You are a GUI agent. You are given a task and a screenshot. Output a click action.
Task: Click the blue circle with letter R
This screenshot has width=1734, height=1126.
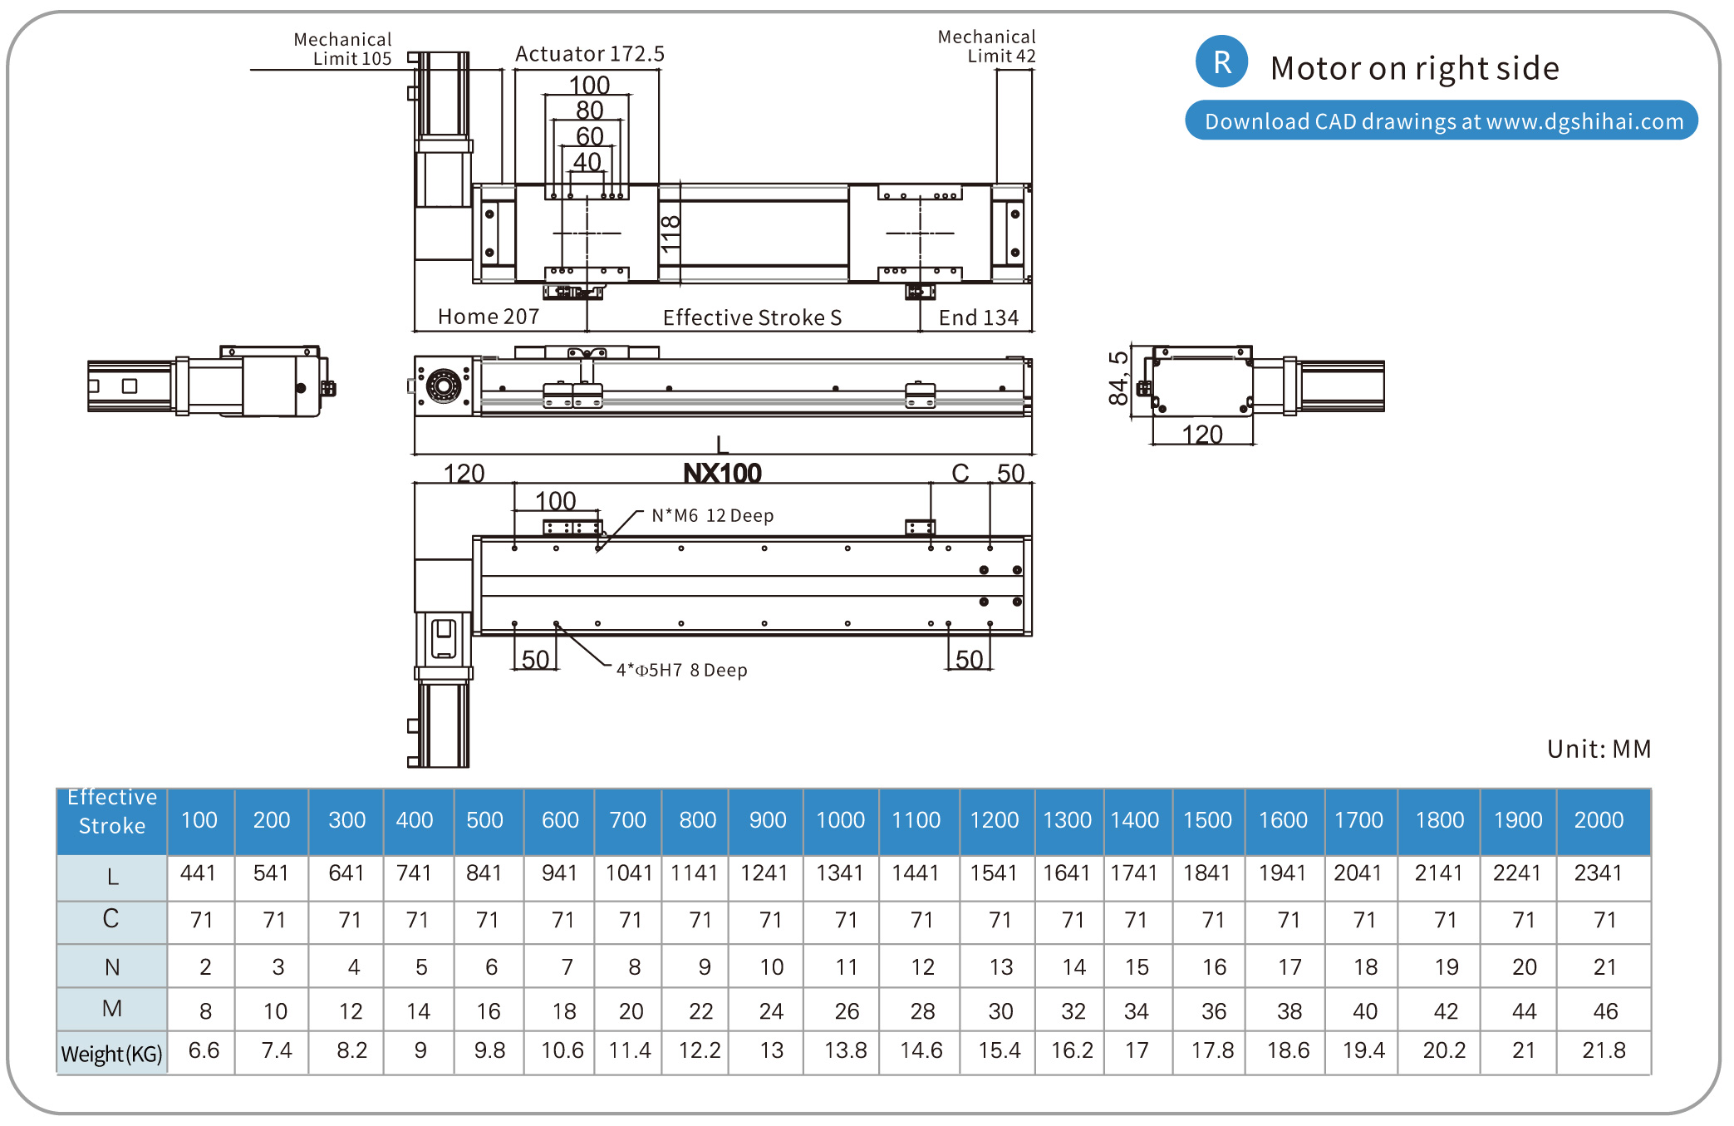pos(1221,62)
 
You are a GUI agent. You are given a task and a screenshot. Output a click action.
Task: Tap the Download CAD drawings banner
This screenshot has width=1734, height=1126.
pos(1442,121)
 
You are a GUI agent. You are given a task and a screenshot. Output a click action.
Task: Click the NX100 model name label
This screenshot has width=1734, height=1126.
pos(722,474)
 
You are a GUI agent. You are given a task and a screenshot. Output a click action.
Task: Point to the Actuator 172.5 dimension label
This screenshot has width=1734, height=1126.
pos(590,54)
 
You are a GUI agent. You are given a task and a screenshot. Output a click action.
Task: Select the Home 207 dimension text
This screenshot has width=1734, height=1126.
pos(489,317)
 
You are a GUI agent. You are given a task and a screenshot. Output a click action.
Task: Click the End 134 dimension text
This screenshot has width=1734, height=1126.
pos(978,317)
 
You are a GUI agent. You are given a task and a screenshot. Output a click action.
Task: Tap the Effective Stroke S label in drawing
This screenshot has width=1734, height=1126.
pos(752,317)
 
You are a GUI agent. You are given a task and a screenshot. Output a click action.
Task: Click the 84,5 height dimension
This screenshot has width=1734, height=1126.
pos(1119,378)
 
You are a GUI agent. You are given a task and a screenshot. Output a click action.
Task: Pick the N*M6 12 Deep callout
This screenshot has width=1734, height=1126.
pos(712,515)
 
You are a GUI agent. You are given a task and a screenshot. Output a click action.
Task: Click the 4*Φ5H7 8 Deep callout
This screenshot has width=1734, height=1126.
pos(681,670)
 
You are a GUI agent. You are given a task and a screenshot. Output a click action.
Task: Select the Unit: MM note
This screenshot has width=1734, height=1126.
pos(1599,749)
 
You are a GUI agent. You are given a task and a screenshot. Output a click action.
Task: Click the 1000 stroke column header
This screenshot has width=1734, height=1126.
pos(840,820)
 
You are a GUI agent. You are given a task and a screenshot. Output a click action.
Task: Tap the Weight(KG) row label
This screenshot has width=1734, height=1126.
pos(112,1054)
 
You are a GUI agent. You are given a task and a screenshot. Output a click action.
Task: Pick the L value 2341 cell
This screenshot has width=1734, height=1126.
pos(1598,873)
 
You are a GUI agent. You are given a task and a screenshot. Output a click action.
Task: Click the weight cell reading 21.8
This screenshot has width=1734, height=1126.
pos(1603,1050)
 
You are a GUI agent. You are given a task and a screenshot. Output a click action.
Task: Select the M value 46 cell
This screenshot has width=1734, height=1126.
pos(1604,1010)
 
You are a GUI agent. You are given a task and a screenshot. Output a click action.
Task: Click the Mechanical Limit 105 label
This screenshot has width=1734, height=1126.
pos(342,49)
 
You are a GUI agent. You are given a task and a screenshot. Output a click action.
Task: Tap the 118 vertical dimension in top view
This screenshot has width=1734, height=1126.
pos(671,234)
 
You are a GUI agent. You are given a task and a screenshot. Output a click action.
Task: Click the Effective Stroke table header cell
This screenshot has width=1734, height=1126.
pos(112,812)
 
